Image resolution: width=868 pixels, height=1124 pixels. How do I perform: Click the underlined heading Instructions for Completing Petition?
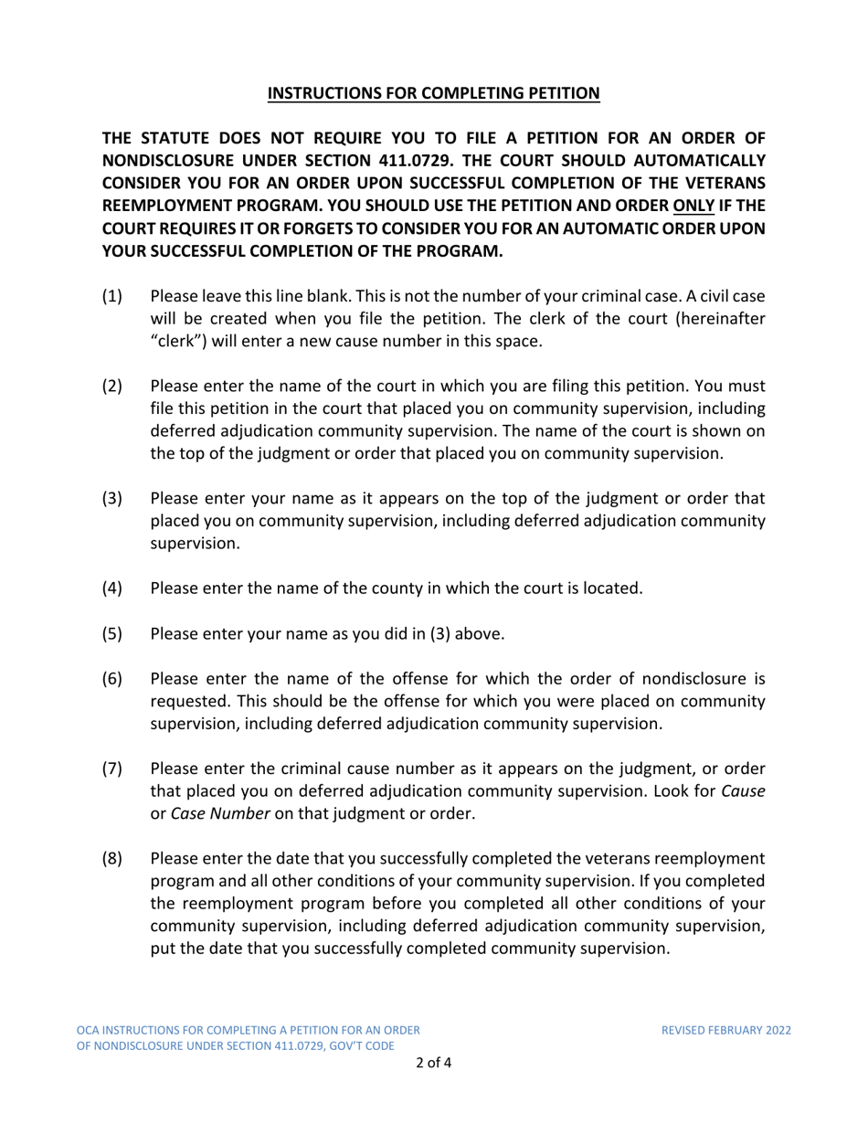click(x=434, y=92)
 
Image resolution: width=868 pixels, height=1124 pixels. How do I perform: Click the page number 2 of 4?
click(x=433, y=1064)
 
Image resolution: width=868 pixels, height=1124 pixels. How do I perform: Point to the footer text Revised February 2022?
click(x=726, y=1030)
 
